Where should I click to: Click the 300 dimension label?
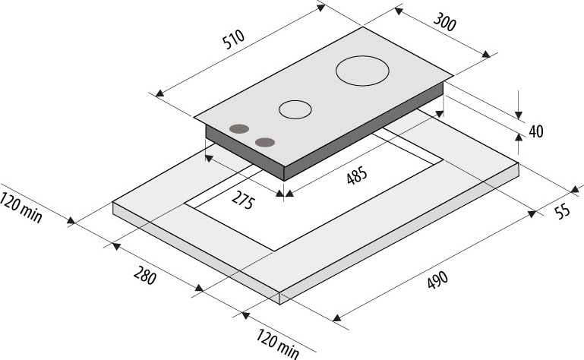tap(444, 22)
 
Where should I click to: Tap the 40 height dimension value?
tap(536, 131)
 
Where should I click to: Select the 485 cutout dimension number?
tap(357, 175)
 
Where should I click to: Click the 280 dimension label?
tap(144, 276)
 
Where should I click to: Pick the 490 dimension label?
tap(437, 280)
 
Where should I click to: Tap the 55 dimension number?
tap(563, 211)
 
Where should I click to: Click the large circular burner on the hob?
tap(362, 71)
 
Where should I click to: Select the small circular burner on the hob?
tap(295, 109)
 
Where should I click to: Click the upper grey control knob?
tap(239, 129)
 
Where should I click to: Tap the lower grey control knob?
tap(265, 142)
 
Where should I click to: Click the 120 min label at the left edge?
tap(21, 207)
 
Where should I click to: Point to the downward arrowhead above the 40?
tap(519, 115)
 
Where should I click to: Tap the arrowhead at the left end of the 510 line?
tap(159, 93)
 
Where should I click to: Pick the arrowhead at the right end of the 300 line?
tap(486, 55)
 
